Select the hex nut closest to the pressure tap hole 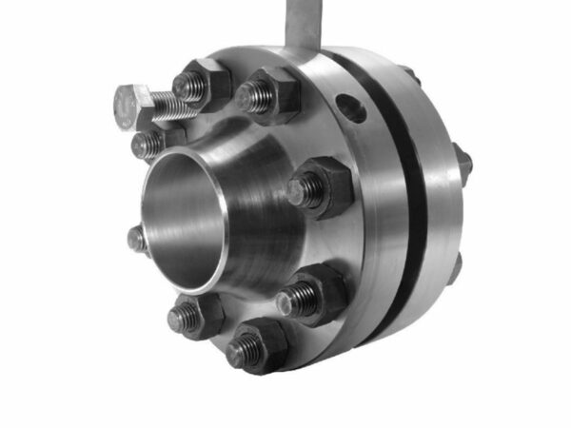tap(269, 94)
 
